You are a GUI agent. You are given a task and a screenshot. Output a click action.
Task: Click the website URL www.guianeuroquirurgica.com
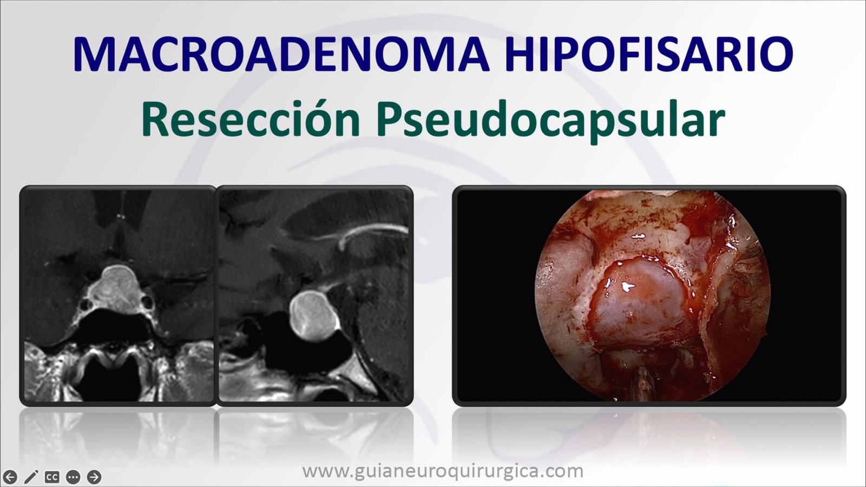[443, 471]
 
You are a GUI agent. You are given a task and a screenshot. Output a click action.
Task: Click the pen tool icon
[31, 477]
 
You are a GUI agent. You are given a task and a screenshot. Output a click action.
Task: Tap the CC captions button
[52, 477]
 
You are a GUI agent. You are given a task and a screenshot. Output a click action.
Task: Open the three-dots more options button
[73, 477]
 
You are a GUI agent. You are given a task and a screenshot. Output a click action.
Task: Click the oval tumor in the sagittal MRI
[314, 316]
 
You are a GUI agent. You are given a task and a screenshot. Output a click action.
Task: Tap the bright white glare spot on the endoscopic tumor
[627, 286]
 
